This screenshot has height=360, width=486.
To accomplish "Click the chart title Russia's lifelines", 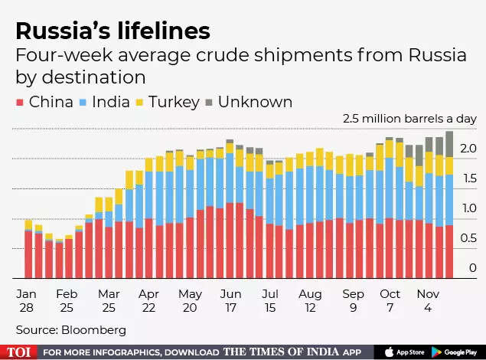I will (x=113, y=31).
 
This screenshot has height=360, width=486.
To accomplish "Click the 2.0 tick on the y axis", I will (x=469, y=149).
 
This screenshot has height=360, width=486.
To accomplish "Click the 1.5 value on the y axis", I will (x=469, y=178).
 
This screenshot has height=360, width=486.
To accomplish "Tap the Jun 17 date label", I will (x=231, y=301).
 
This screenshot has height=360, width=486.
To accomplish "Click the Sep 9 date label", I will (x=353, y=301).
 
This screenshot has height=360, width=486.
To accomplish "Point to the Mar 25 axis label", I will (x=109, y=301).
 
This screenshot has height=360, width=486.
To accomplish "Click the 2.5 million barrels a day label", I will (x=409, y=119).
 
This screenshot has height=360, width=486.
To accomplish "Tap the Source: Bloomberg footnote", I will (x=70, y=329).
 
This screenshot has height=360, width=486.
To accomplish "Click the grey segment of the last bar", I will (x=449, y=143).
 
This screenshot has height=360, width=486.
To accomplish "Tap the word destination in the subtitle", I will (x=81, y=77).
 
